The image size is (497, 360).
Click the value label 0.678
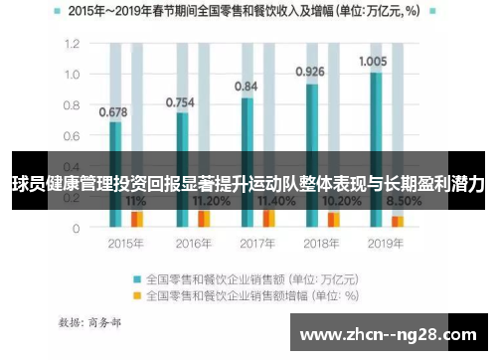pyautogui.click(x=113, y=111)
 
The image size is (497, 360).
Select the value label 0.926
pyautogui.click(x=310, y=72)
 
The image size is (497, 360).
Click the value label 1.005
pyautogui.click(x=373, y=61)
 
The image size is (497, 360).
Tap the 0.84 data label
pyautogui.click(x=246, y=87)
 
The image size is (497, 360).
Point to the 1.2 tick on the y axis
pyautogui.click(x=71, y=45)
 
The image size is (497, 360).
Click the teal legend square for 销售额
pyautogui.click(x=137, y=277)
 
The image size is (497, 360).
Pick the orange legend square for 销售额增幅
pyautogui.click(x=137, y=294)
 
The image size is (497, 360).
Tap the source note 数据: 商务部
pyautogui.click(x=88, y=322)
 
